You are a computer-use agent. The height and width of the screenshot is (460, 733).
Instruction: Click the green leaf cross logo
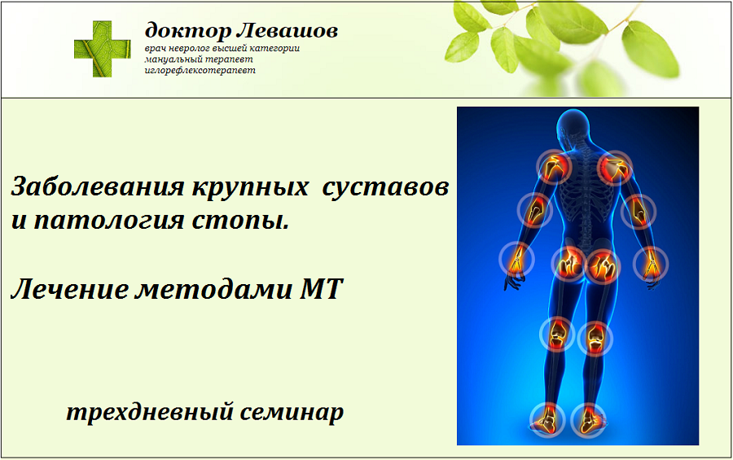103,48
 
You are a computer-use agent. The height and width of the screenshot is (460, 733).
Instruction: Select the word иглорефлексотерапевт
200,70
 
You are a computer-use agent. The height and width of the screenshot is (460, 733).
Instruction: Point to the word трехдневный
151,412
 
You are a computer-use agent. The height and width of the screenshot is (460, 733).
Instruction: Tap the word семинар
294,412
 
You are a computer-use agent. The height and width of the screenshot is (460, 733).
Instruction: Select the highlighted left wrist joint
515,261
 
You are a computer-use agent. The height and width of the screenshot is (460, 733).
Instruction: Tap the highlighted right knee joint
594,335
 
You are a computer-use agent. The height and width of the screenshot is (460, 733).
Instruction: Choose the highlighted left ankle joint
546,419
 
